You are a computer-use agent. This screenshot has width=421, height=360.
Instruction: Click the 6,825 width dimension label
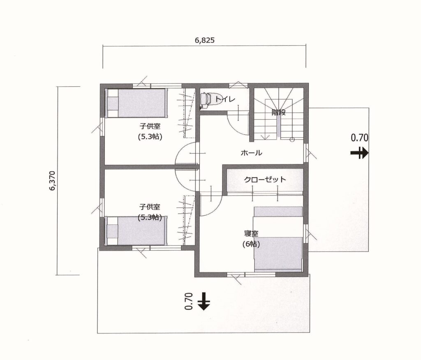pyautogui.click(x=204, y=40)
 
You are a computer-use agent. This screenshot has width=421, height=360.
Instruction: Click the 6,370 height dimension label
pyautogui.click(x=53, y=181)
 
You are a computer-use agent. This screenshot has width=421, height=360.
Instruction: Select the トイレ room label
pyautogui.click(x=225, y=99)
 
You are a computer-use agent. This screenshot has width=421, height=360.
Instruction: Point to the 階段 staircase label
pyautogui.click(x=278, y=112)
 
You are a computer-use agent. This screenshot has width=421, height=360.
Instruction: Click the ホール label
pyautogui.click(x=251, y=153)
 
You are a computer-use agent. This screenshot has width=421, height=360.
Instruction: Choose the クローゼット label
pyautogui.click(x=265, y=180)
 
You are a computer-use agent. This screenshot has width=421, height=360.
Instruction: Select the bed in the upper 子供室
pyautogui.click(x=136, y=103)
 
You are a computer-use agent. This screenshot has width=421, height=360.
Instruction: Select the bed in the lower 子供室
pyautogui.click(x=136, y=231)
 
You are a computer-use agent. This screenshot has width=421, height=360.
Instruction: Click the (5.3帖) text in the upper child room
pyautogui.click(x=150, y=137)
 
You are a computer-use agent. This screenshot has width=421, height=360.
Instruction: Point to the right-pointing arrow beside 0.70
pyautogui.click(x=359, y=153)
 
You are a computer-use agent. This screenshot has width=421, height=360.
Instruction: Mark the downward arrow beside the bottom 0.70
pyautogui.click(x=204, y=302)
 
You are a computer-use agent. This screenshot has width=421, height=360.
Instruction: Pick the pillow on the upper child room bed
pyautogui.click(x=112, y=103)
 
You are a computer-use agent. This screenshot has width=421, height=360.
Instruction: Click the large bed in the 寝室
pyautogui.click(x=278, y=254)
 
